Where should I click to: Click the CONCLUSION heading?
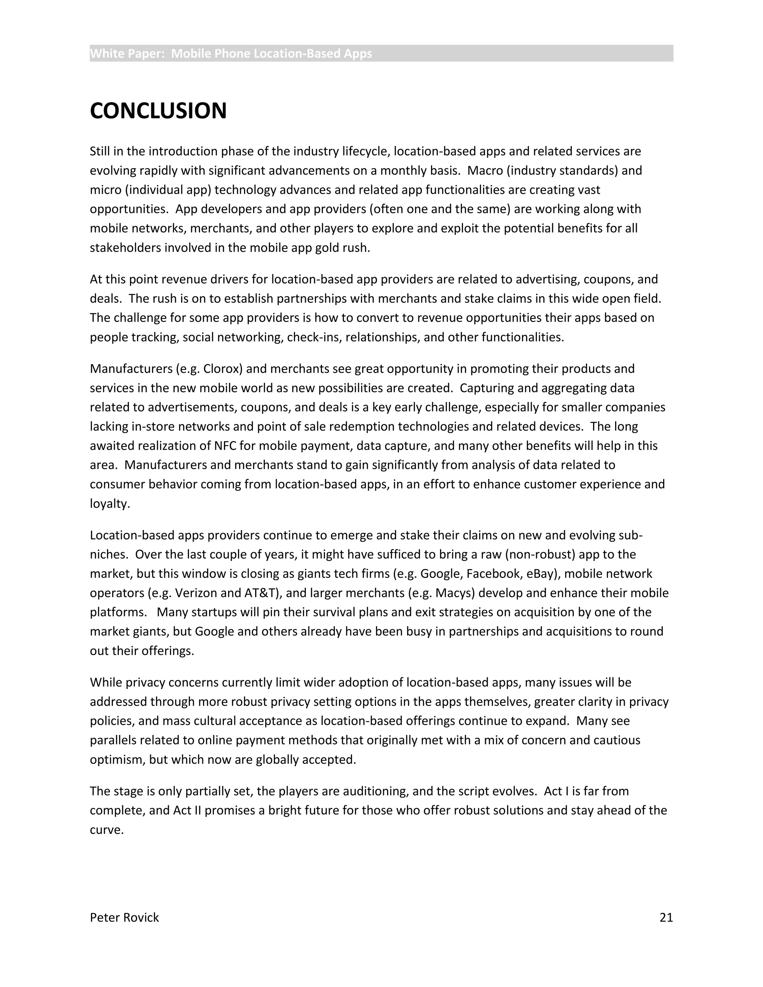click(158, 111)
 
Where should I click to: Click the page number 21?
click(666, 917)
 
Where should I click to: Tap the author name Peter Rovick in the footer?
click(124, 917)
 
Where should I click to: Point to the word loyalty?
click(110, 504)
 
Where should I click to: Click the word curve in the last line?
click(106, 830)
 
